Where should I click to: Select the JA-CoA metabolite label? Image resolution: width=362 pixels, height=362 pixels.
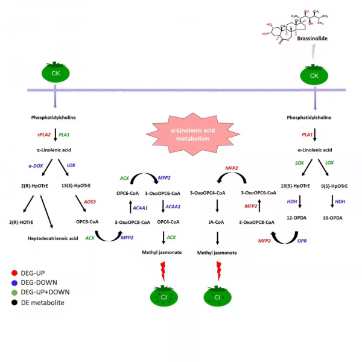point(217,223)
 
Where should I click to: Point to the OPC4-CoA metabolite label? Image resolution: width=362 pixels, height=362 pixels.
point(160,223)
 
